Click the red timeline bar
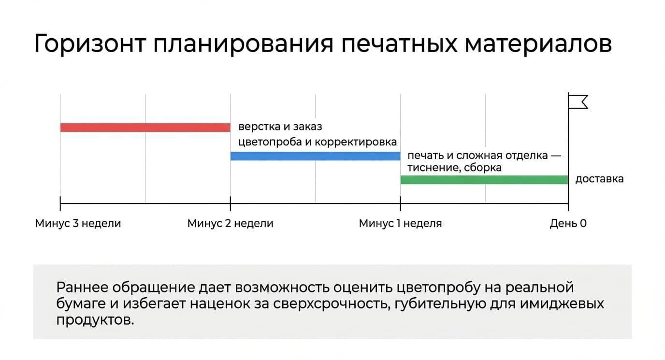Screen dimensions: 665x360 (x=145, y=127)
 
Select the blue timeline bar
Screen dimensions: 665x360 (x=315, y=156)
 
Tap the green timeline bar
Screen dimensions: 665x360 (x=484, y=180)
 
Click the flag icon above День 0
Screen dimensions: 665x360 (x=578, y=102)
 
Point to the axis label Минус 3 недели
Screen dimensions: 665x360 (x=78, y=223)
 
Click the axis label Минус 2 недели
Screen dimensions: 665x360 (x=231, y=223)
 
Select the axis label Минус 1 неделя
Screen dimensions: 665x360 (x=400, y=223)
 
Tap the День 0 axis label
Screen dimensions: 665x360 (x=568, y=223)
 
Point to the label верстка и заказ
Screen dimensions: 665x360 (x=280, y=127)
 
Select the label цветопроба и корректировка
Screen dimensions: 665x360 (x=318, y=142)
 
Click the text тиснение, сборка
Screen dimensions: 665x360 (x=454, y=168)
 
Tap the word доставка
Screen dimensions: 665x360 (x=599, y=179)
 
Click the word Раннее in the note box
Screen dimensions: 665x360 (x=82, y=288)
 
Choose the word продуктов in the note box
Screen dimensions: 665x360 (x=95, y=320)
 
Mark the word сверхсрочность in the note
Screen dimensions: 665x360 (x=330, y=304)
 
